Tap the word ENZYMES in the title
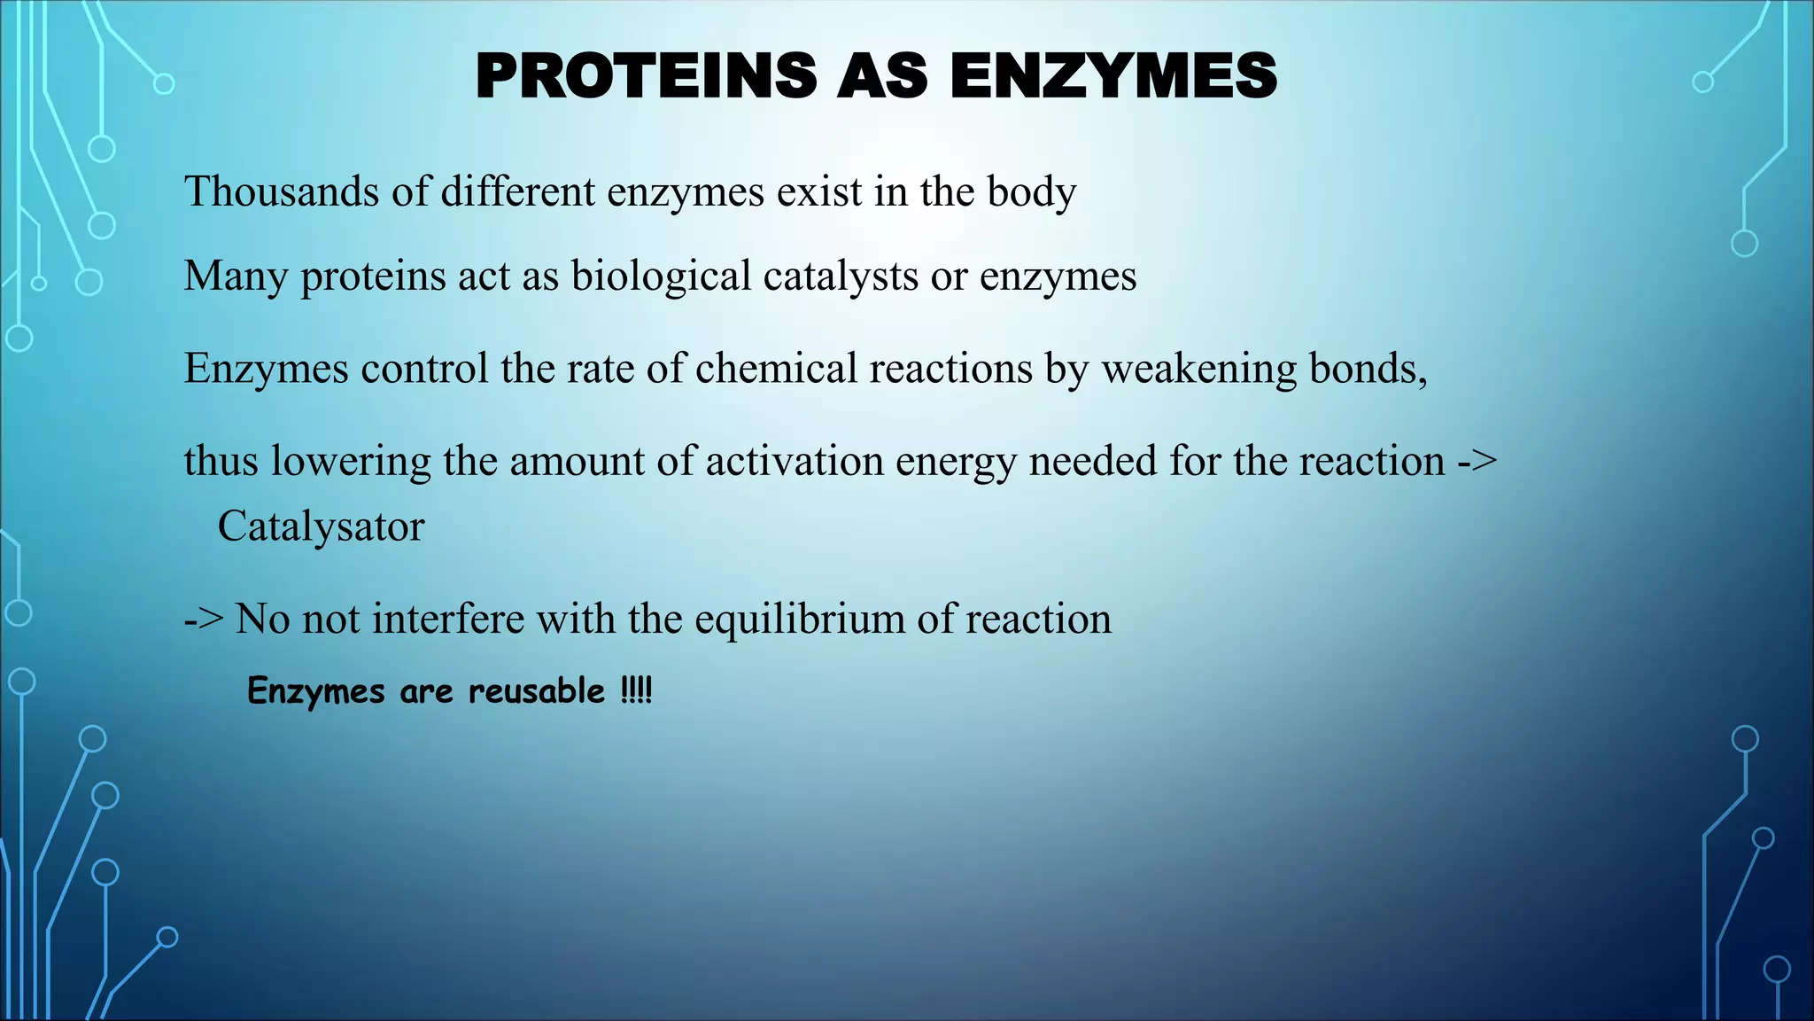(1113, 76)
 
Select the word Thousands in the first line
(281, 191)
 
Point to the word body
(1032, 193)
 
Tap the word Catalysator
(321, 526)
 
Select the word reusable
(536, 690)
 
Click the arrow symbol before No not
(204, 619)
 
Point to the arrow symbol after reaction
(1477, 461)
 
